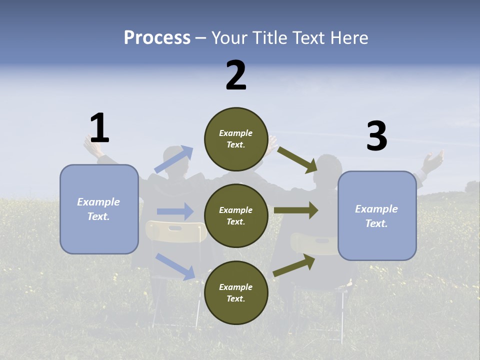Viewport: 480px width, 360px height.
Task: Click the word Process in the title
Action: [x=157, y=38]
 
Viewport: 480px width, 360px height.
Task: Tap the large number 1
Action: [x=99, y=128]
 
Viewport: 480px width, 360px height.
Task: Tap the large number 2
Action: [x=236, y=75]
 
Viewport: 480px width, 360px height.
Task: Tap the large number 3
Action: [x=376, y=136]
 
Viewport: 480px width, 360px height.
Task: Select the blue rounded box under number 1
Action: [x=99, y=209]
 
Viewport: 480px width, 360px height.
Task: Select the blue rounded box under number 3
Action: [x=376, y=216]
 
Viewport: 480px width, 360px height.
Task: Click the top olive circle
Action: [x=236, y=139]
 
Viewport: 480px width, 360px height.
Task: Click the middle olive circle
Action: [x=236, y=216]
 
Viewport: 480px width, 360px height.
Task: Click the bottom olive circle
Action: [x=236, y=293]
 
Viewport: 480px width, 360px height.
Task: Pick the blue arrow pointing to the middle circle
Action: [x=175, y=211]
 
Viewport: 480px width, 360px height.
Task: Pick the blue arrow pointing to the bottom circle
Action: [x=175, y=266]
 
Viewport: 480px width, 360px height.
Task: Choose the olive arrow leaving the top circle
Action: [x=297, y=160]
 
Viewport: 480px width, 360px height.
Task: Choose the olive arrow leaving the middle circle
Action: [x=296, y=210]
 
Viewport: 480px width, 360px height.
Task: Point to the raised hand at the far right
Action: [x=432, y=161]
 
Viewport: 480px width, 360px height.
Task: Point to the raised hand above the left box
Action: [x=93, y=146]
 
